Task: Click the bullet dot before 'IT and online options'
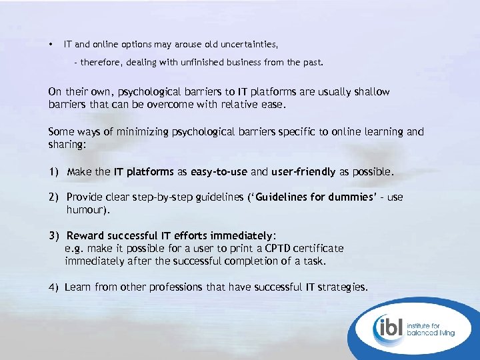[50, 45]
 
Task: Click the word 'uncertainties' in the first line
[246, 45]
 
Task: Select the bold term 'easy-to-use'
[219, 172]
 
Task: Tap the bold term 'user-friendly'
[303, 172]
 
